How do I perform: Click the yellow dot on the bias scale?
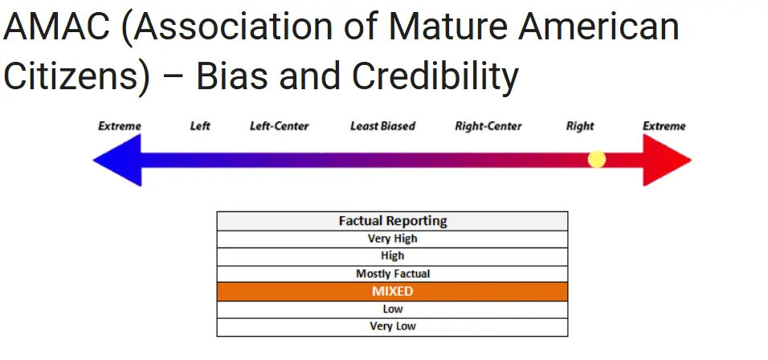597,159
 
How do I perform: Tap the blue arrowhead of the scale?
117,160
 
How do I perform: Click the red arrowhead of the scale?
667,160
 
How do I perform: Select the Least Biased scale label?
382,126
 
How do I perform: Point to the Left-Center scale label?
280,126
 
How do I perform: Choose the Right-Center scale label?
488,126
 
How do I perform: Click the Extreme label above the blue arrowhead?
120,126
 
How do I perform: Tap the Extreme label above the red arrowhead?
664,126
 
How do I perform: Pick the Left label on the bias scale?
200,126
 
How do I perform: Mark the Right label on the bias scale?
580,126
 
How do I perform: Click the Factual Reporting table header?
392,221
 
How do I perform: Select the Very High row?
392,239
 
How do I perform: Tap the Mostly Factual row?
392,274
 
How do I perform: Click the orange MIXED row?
392,292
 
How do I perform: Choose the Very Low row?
392,327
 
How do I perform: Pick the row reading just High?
392,256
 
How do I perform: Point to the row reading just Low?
392,309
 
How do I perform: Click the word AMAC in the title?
57,27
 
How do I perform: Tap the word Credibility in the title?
435,77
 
